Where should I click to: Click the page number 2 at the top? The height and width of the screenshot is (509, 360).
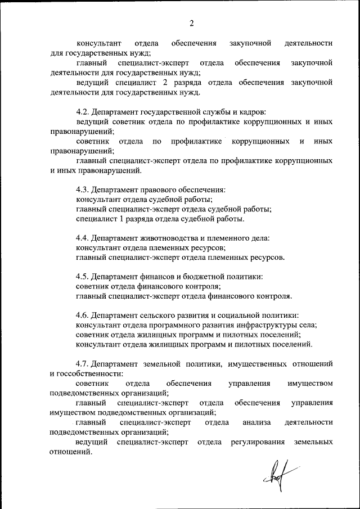(x=191, y=23)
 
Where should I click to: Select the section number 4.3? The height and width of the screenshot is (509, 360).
(x=82, y=190)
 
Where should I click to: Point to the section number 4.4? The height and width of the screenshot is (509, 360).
(x=82, y=238)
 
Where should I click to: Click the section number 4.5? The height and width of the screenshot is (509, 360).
(x=82, y=277)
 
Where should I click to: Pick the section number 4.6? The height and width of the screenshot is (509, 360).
(x=82, y=316)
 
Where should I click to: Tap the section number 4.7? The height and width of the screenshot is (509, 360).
(x=82, y=363)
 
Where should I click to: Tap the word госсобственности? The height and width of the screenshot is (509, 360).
(x=87, y=373)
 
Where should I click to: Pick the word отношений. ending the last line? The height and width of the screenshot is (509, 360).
(x=71, y=452)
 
